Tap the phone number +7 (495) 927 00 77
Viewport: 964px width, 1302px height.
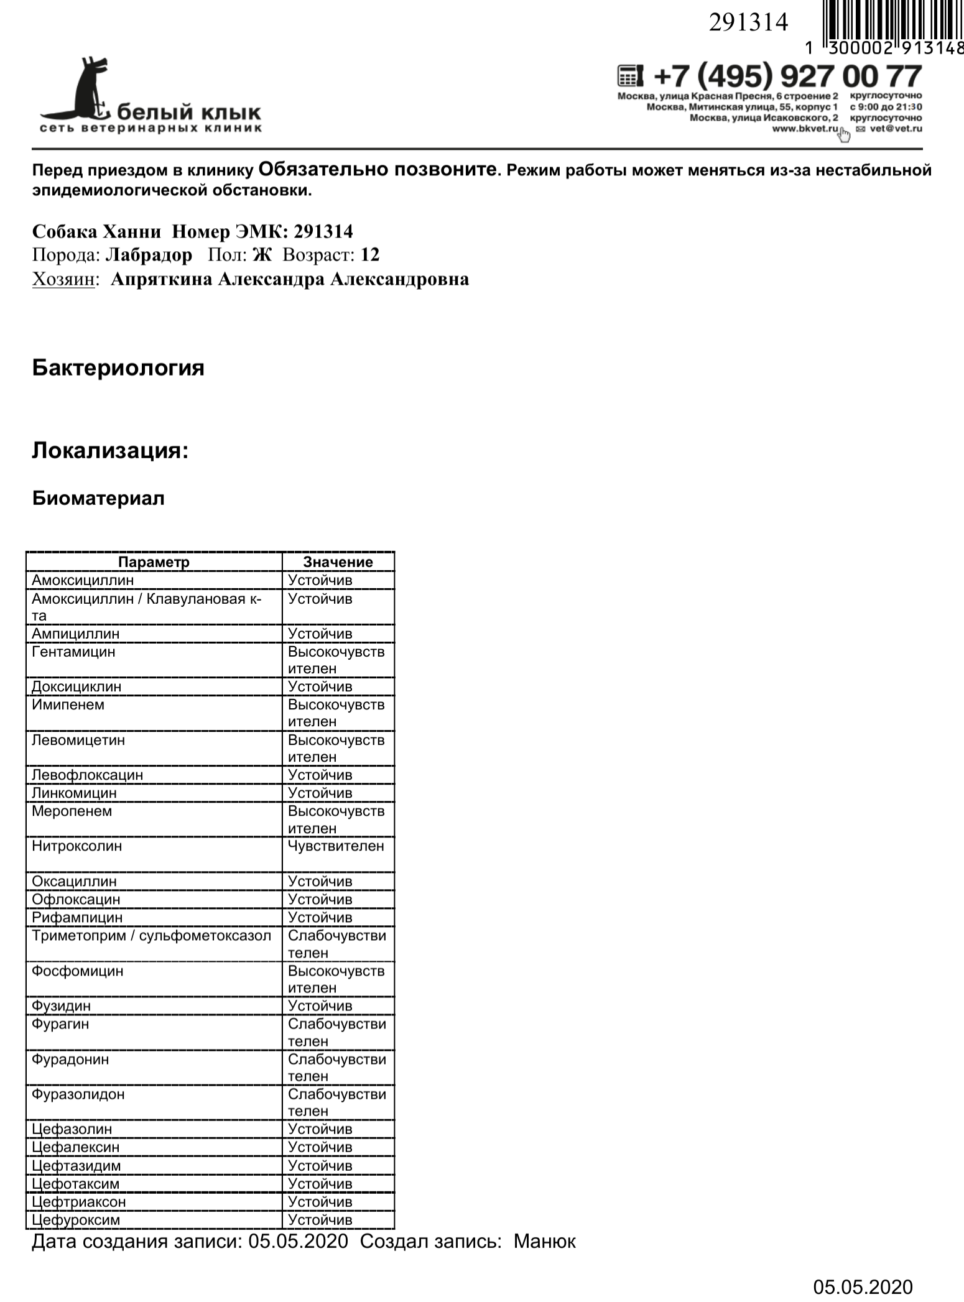(x=787, y=77)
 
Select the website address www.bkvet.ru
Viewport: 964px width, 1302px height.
(x=805, y=129)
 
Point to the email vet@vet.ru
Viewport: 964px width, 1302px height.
(x=896, y=129)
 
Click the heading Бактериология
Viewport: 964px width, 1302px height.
(x=118, y=367)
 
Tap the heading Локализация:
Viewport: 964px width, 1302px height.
(x=110, y=450)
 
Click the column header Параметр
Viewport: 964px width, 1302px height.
(x=154, y=562)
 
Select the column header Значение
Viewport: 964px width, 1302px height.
(x=338, y=562)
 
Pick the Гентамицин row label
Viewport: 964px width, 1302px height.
(x=73, y=652)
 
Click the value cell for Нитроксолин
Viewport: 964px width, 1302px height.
(x=336, y=846)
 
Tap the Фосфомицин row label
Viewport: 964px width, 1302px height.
(x=78, y=971)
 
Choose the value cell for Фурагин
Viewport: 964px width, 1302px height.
(x=336, y=1032)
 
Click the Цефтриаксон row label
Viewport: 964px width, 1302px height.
(x=79, y=1202)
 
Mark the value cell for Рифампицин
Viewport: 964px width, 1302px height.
(x=320, y=918)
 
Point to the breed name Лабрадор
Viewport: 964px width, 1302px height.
(x=149, y=256)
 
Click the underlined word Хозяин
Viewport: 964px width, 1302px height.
(x=65, y=280)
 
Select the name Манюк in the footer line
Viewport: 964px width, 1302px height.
(x=545, y=1242)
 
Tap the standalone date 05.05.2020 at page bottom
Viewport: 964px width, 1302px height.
(x=863, y=1287)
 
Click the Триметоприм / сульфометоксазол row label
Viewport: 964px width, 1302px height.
(x=151, y=936)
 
